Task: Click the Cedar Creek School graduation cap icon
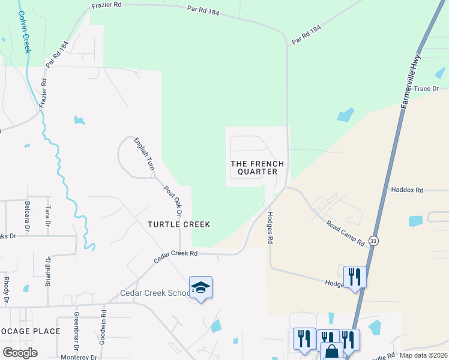pos(200,288)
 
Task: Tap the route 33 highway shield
pos(374,241)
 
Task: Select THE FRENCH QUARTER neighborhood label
pos(258,167)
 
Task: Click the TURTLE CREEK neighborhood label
pos(179,224)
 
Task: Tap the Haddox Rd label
pos(407,190)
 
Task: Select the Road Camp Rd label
pos(345,234)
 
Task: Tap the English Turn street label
pos(144,154)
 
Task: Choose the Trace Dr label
pos(427,88)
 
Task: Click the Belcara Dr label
pos(27,217)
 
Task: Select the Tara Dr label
pos(47,217)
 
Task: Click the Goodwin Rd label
pos(103,322)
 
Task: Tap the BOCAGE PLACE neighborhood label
pos(30,331)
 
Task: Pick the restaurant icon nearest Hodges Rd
pos(355,277)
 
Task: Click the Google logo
pos(20,352)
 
